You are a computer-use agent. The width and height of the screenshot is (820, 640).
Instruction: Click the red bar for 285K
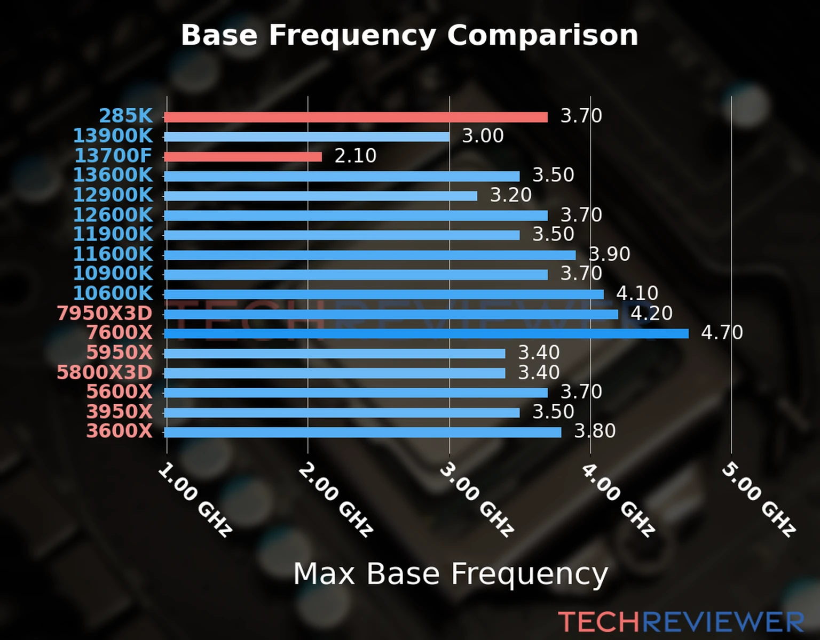coord(356,117)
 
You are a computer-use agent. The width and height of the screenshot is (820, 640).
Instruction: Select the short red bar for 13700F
coord(243,157)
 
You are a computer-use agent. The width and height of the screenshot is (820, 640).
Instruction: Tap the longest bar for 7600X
coord(426,334)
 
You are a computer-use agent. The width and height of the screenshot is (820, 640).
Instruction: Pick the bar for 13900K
coord(307,137)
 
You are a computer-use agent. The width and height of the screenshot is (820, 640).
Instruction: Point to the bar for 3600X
coord(363,432)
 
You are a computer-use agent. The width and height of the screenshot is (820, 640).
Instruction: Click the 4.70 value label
coord(722,333)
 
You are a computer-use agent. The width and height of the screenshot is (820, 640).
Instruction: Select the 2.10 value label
coord(356,156)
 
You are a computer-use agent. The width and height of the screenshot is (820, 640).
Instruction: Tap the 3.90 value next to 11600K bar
coord(609,254)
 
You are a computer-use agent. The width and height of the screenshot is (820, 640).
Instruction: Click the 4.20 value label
coord(651,313)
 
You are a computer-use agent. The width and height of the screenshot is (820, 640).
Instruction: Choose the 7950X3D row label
coord(105,314)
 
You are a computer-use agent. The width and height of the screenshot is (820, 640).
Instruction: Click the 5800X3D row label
coord(105,372)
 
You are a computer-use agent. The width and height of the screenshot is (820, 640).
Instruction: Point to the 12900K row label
coord(113,195)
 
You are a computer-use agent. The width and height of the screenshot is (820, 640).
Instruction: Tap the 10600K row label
coord(113,293)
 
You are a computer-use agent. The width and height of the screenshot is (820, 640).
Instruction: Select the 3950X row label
coord(120,412)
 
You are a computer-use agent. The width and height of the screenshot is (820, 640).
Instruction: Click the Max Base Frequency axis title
coord(451,574)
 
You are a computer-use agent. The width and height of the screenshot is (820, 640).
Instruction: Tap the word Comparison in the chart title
coord(542,36)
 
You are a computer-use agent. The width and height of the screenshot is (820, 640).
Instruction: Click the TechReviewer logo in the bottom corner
coord(681,622)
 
